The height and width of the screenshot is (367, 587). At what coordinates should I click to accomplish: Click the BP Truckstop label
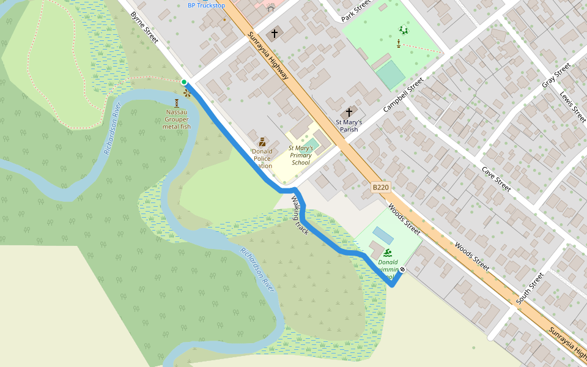(206, 6)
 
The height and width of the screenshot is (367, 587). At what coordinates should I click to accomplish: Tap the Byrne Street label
(144, 28)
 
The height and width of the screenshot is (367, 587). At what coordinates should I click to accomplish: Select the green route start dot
(184, 82)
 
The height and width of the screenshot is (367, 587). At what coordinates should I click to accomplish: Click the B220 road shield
(380, 188)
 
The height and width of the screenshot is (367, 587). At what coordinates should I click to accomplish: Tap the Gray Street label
(556, 75)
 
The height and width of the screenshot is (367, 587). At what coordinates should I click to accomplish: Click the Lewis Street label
(573, 106)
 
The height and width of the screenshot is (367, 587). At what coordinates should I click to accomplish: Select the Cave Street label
(495, 179)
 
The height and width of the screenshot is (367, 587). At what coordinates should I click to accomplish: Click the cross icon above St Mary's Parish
(349, 113)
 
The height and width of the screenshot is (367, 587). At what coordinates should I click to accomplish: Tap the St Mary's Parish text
(349, 125)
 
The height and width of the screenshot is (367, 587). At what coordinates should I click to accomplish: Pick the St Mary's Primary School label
(301, 155)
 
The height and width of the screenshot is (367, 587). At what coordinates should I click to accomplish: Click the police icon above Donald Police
(262, 141)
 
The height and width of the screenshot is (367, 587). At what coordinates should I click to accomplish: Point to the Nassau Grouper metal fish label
(177, 119)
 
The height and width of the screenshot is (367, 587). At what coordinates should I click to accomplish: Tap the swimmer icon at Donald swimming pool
(388, 253)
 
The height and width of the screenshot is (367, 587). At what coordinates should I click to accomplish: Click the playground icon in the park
(403, 29)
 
